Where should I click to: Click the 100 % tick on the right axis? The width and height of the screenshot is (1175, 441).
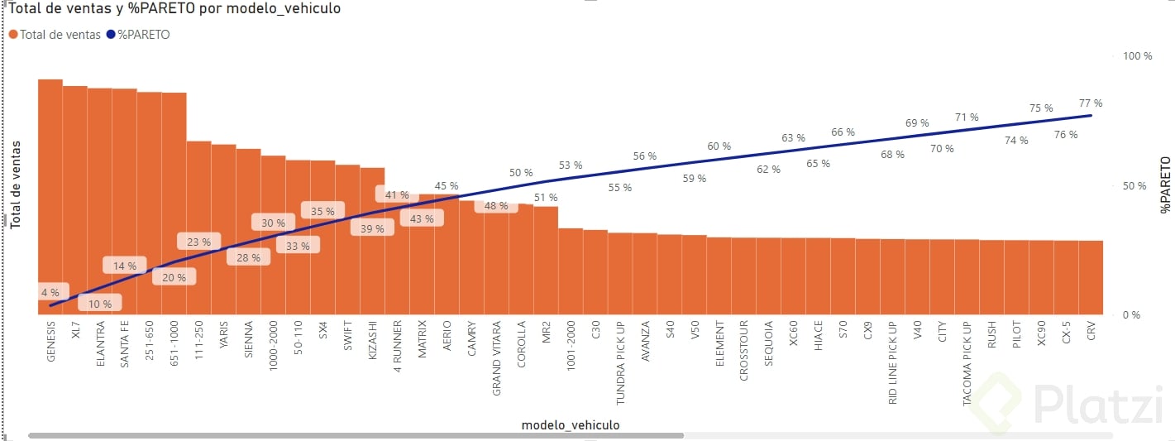[x=1137, y=56]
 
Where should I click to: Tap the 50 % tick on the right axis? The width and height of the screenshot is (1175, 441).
[x=1134, y=186]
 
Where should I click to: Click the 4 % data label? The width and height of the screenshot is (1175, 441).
[x=50, y=293]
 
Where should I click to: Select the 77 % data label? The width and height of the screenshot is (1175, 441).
[x=1091, y=103]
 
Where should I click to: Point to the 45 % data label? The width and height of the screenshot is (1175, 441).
[x=447, y=186]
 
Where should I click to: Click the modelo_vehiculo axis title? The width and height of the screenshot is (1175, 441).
[x=571, y=425]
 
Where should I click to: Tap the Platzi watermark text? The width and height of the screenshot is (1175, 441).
[x=1091, y=405]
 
